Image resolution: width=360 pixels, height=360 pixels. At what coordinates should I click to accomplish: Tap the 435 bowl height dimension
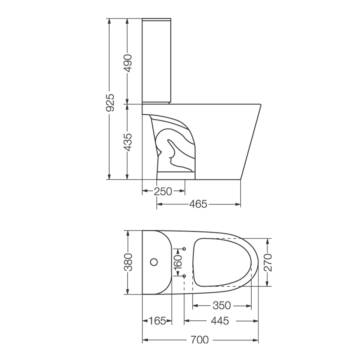tap(127, 142)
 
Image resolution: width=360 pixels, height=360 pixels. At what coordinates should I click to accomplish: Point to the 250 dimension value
tap(163, 192)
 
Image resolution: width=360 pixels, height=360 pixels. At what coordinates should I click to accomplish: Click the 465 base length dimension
tap(198, 204)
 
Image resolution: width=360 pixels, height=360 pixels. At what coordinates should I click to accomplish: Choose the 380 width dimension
tap(128, 262)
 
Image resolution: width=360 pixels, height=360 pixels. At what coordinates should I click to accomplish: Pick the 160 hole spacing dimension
tap(178, 262)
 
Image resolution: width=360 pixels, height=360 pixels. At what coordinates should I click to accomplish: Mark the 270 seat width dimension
tap(268, 262)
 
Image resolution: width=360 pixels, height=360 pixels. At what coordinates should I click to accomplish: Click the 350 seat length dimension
tap(222, 306)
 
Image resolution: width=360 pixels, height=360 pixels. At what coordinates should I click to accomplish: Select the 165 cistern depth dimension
tap(157, 321)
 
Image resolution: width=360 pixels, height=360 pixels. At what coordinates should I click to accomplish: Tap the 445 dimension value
tap(220, 321)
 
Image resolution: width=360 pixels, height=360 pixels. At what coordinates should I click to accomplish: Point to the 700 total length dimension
tap(200, 340)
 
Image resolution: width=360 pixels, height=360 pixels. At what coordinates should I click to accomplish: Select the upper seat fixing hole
tap(184, 249)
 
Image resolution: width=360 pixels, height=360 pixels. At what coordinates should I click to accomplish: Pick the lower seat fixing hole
tap(184, 276)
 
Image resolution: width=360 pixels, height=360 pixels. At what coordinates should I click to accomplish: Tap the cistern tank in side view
tap(158, 60)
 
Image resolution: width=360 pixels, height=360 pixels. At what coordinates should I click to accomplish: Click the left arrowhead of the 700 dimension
tap(145, 340)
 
